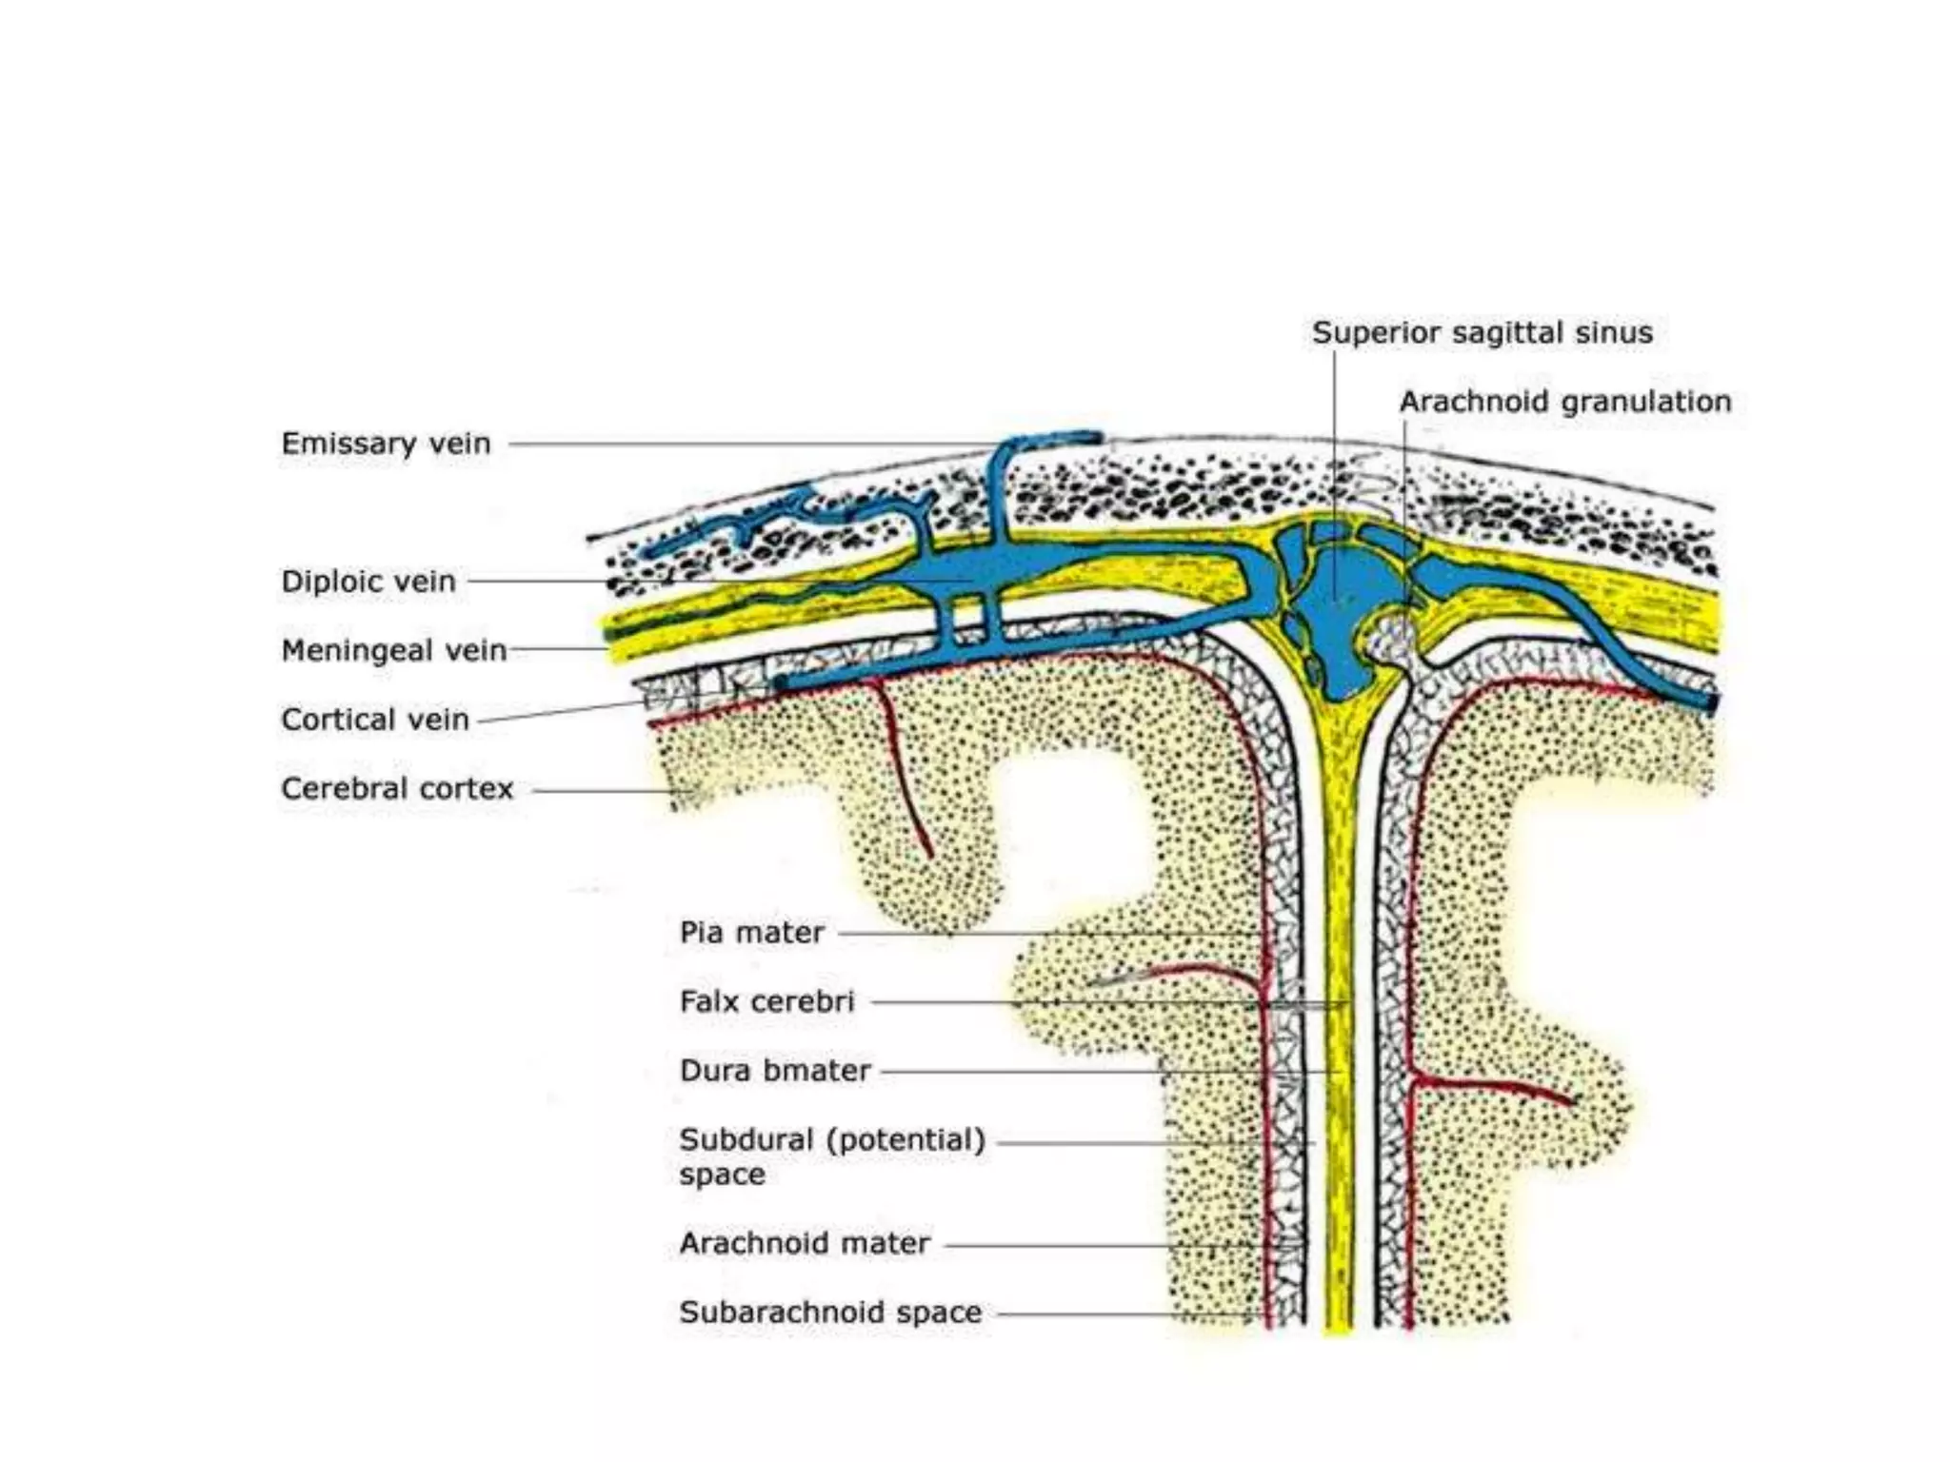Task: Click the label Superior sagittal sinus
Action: point(1482,332)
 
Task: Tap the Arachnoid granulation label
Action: point(1564,401)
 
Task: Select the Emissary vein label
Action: point(386,443)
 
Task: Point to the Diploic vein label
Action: point(368,581)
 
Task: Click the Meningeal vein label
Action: point(393,650)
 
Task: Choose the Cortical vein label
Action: point(375,719)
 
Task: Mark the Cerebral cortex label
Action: point(397,788)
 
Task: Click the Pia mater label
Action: point(751,932)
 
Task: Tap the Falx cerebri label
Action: point(766,1001)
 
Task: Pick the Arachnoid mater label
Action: point(804,1243)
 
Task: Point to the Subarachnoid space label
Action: point(829,1313)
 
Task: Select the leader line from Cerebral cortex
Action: point(600,790)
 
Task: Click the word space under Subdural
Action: point(722,1175)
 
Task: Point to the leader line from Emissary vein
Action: point(743,444)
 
